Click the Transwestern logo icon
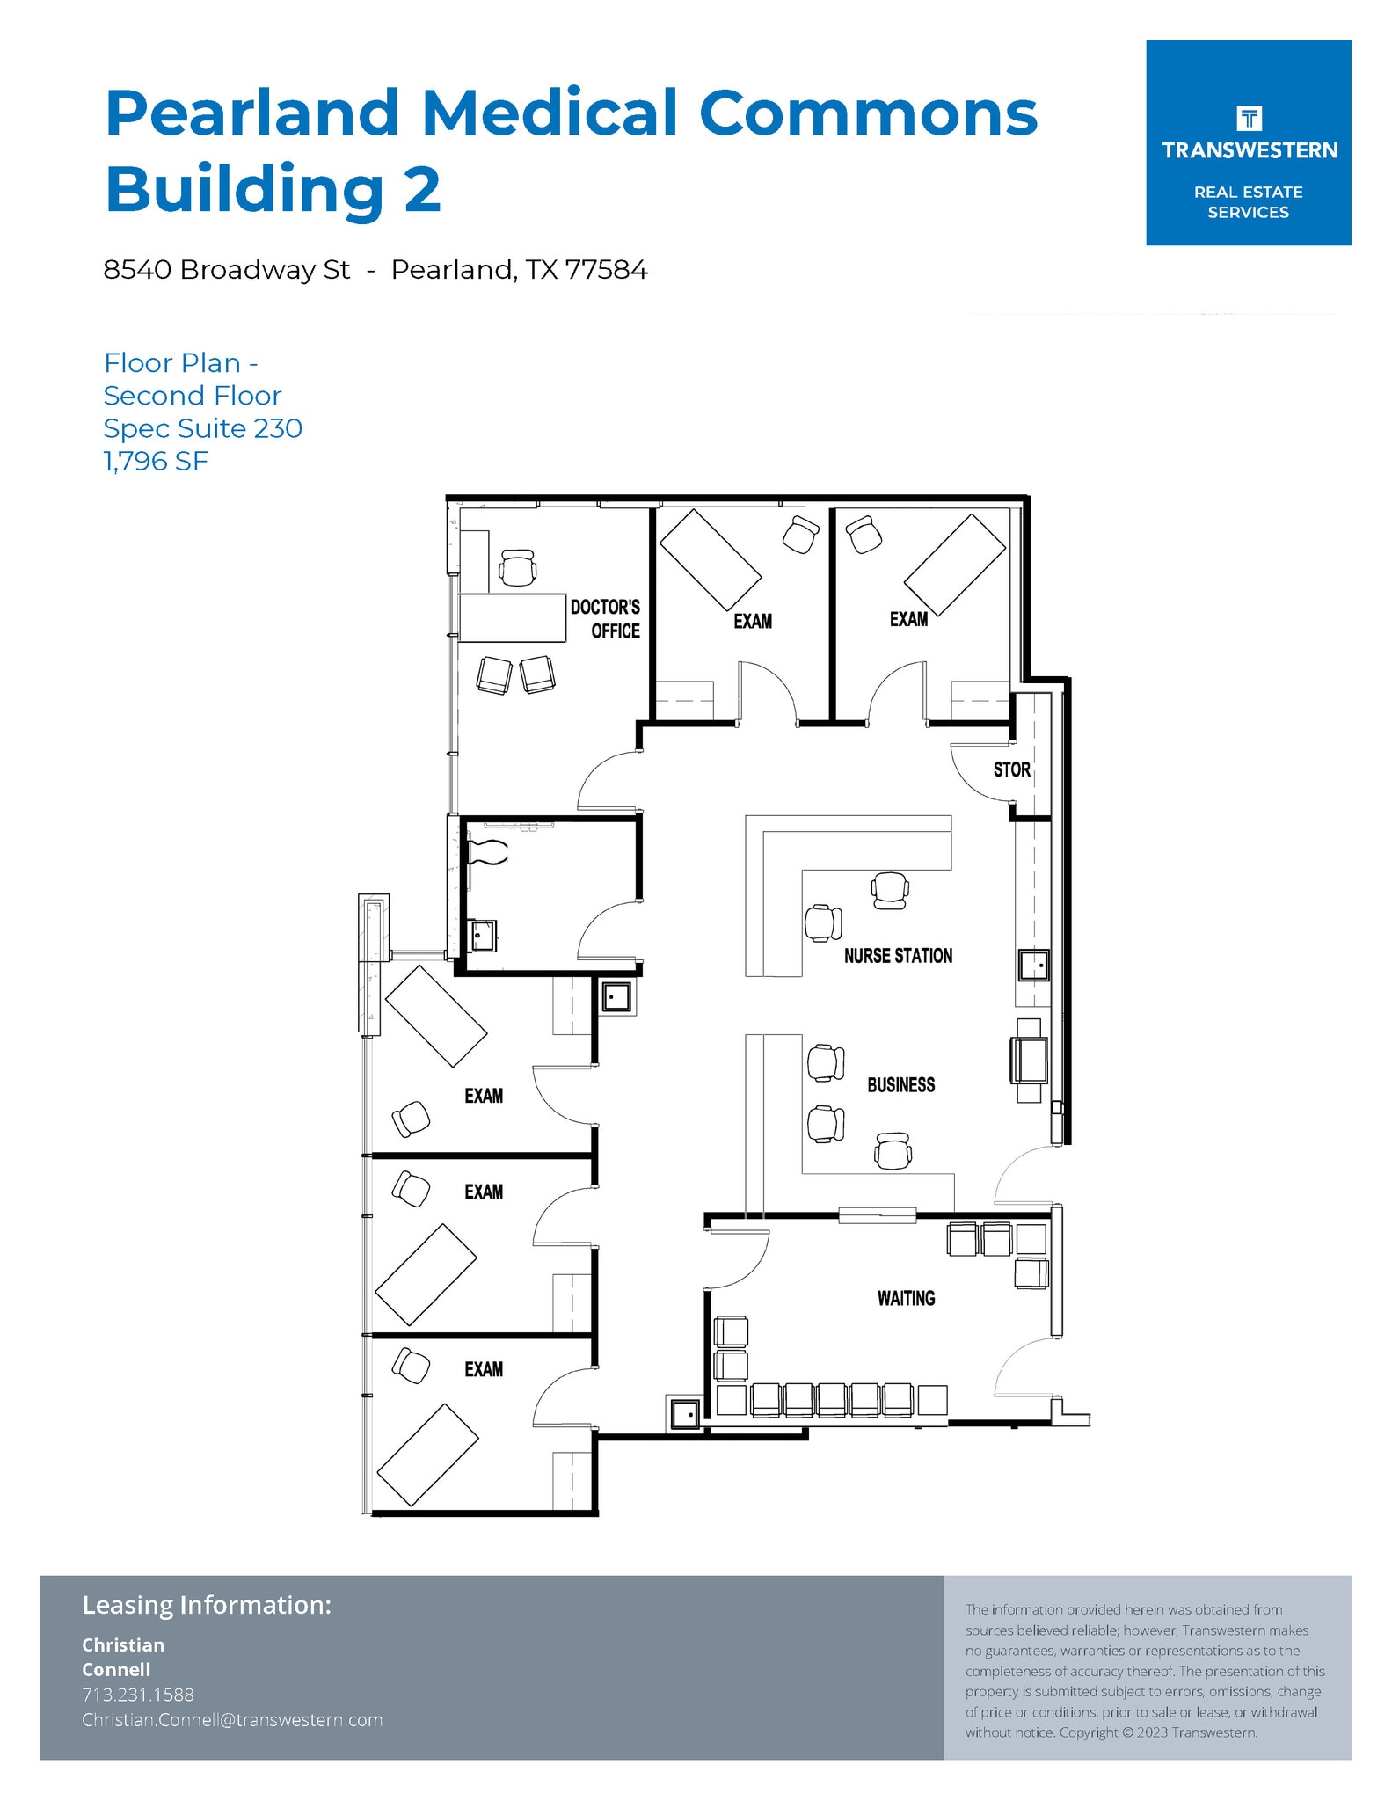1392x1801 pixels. tap(1249, 118)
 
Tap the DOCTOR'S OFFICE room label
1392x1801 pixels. tap(605, 619)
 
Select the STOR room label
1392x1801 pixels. tap(1011, 769)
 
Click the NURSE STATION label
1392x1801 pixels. tap(898, 956)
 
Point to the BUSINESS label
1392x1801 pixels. tap(900, 1085)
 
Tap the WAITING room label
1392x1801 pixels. tap(906, 1298)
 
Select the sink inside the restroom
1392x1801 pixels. tap(483, 935)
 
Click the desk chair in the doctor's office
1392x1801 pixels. tap(517, 567)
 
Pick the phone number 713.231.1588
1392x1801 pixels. tap(138, 1694)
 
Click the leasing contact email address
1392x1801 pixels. tap(232, 1719)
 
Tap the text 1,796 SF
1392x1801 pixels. tap(156, 461)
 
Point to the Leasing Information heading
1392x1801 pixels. tap(207, 1605)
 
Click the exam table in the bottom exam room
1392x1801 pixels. tap(427, 1455)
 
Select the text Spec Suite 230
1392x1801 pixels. tap(202, 428)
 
